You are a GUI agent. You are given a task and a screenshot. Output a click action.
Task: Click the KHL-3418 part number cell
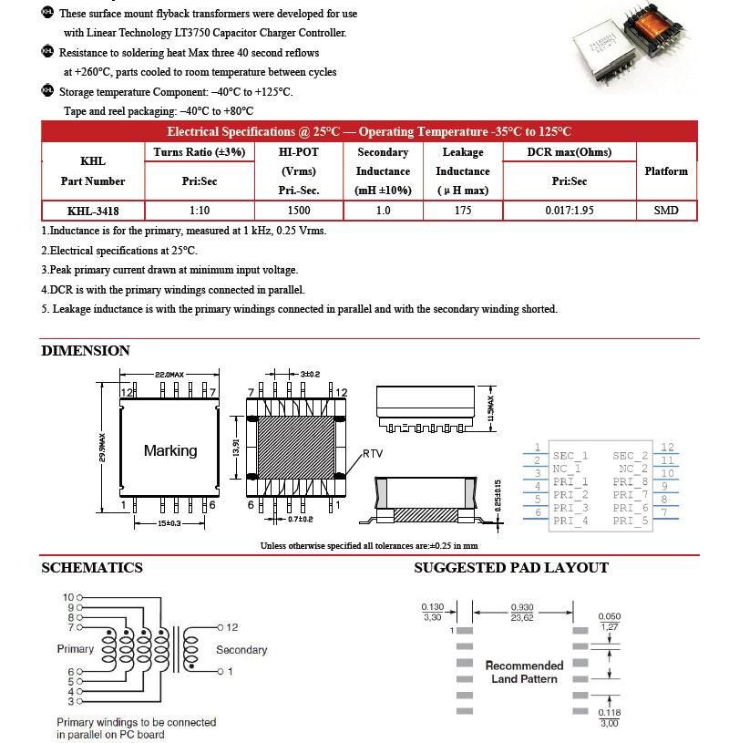tap(92, 211)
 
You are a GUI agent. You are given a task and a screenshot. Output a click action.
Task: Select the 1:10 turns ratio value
tap(199, 211)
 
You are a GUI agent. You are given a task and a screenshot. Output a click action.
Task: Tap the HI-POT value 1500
tap(298, 211)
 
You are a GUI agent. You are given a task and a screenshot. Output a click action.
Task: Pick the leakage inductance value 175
tap(462, 211)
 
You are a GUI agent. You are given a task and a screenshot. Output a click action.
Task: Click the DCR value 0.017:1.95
tap(569, 211)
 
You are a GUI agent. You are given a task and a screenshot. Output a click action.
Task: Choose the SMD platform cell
tap(665, 211)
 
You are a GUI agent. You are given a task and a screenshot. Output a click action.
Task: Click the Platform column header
tap(665, 171)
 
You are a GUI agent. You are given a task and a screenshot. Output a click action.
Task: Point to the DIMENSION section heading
tap(86, 351)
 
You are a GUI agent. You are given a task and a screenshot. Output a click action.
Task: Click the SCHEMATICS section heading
tap(92, 568)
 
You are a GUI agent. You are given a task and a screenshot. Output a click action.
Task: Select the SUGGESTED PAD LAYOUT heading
tap(510, 568)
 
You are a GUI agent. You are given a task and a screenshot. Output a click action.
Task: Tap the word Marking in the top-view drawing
tap(169, 450)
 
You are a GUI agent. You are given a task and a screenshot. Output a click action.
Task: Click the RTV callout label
tap(373, 453)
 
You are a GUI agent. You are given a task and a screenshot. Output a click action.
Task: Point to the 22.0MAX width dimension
tap(169, 375)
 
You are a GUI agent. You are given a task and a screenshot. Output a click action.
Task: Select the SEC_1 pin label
tap(570, 456)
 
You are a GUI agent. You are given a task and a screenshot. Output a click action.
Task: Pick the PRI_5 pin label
tap(631, 521)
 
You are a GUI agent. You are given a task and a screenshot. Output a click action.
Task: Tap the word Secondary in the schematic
tap(241, 650)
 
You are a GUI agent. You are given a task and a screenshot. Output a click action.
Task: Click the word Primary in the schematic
tap(75, 649)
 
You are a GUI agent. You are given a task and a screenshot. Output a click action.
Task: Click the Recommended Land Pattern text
tap(524, 672)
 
